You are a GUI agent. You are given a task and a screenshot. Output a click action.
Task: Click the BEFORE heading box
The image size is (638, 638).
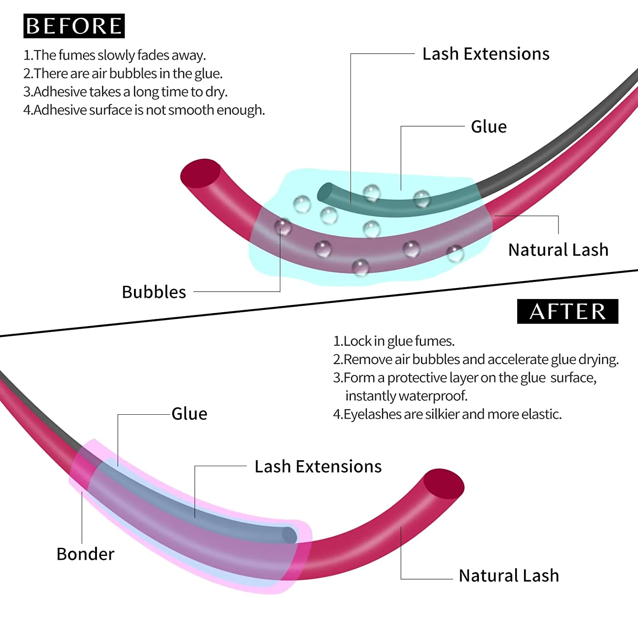pos(74,26)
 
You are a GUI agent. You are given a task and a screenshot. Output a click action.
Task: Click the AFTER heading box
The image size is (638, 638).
pos(567,311)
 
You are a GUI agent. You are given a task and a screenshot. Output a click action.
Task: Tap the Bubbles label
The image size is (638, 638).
pos(154,292)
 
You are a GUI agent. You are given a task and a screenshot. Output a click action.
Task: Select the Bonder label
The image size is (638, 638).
pos(85,554)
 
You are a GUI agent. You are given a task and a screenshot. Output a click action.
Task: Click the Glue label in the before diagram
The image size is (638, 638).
pos(489,127)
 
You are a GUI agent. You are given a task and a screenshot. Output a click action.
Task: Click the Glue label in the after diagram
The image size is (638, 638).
pos(189,414)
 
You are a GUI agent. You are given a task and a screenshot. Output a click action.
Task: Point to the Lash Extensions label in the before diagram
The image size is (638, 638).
pos(486,54)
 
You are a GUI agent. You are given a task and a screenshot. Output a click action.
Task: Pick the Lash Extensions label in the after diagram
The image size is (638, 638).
pos(318,467)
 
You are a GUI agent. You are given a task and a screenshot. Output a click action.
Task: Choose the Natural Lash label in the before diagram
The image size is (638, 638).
pos(558,250)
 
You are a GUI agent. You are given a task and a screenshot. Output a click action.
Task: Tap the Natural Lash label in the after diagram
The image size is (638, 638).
pos(509,576)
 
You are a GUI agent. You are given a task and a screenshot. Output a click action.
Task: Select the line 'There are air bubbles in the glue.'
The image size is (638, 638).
pos(123,74)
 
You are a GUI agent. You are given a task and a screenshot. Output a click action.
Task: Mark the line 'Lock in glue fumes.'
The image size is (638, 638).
pos(394,341)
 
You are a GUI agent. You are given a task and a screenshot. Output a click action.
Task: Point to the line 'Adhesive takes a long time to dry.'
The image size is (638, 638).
pos(125,92)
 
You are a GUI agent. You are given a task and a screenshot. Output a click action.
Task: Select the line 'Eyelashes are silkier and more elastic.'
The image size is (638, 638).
pos(447,414)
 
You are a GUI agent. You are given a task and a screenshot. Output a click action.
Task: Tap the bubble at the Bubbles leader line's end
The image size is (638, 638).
pos(283,227)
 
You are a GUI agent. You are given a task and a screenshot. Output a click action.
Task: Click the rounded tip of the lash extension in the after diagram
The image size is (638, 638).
pos(290,535)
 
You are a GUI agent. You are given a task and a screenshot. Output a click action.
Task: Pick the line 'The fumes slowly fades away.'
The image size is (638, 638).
pos(115,55)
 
